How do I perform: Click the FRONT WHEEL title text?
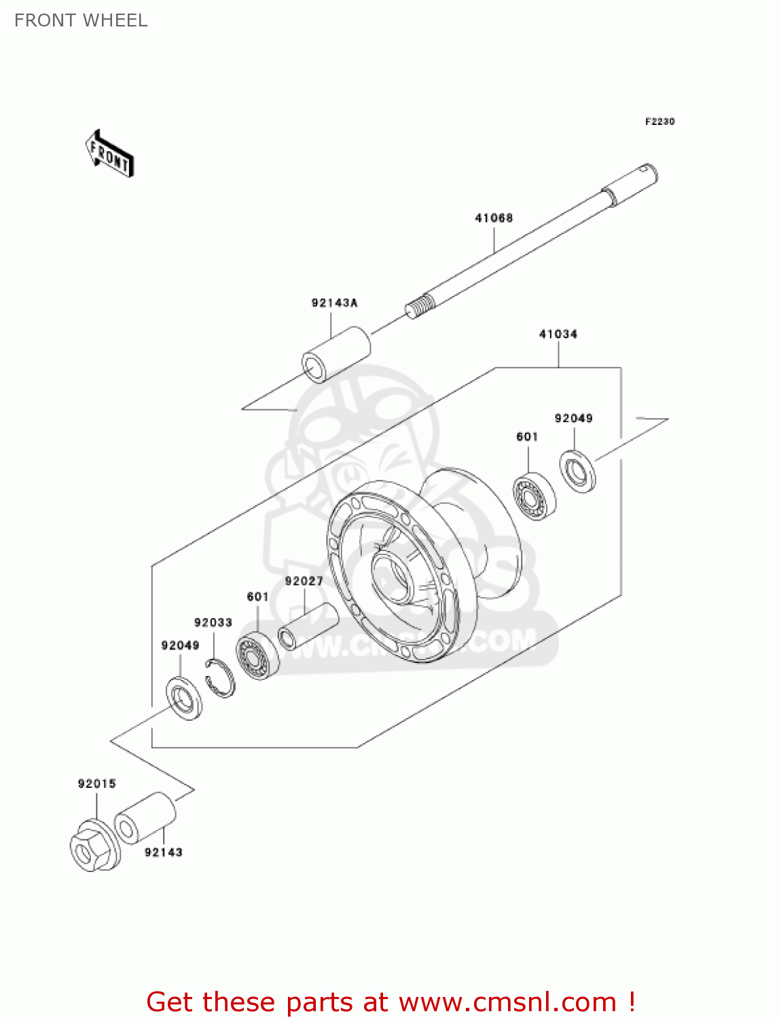point(81,20)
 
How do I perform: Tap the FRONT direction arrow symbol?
point(109,154)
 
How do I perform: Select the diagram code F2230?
point(659,121)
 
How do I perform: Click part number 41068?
point(494,218)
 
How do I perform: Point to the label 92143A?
point(334,303)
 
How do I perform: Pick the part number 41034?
point(558,334)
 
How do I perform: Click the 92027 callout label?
point(304,581)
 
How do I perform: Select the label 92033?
point(213,622)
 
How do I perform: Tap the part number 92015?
point(96,784)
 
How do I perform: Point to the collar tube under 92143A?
point(336,354)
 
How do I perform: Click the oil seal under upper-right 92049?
point(577,470)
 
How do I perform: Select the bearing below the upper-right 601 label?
point(533,496)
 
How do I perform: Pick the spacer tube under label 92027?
point(308,626)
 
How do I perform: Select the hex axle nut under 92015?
point(94,847)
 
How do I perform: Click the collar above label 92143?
point(145,818)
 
